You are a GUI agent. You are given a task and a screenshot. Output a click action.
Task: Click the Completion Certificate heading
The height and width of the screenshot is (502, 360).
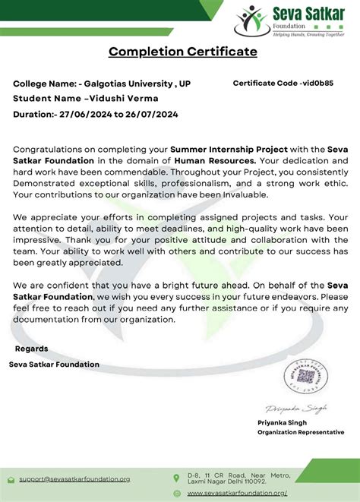click(x=182, y=52)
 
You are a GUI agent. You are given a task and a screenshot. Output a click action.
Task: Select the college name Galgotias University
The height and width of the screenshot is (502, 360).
click(x=127, y=84)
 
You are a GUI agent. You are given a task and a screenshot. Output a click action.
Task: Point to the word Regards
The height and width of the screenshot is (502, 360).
click(x=32, y=349)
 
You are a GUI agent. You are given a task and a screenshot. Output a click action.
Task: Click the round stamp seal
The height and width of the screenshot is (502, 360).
click(x=304, y=374)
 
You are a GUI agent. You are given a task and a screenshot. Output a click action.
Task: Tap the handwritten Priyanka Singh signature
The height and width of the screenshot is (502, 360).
click(x=296, y=408)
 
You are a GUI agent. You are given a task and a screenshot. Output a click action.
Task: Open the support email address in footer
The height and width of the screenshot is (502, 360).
click(x=74, y=479)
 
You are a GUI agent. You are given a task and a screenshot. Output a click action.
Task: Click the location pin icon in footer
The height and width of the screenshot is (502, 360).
click(x=177, y=478)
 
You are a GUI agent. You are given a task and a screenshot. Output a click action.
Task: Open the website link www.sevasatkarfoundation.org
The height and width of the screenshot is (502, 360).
click(x=237, y=493)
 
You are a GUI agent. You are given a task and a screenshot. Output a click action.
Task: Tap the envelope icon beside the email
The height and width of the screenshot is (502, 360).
click(x=11, y=479)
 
